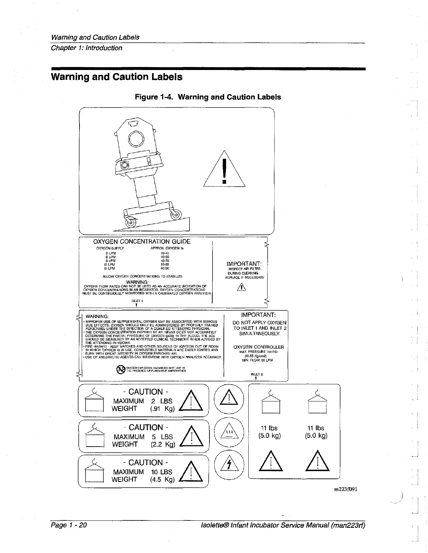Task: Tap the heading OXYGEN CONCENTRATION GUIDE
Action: pyautogui.click(x=142, y=241)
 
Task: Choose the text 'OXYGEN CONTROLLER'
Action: pyautogui.click(x=258, y=347)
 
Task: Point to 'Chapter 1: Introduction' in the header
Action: pyautogui.click(x=87, y=48)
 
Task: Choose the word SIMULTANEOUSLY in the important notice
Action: pyautogui.click(x=260, y=334)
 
